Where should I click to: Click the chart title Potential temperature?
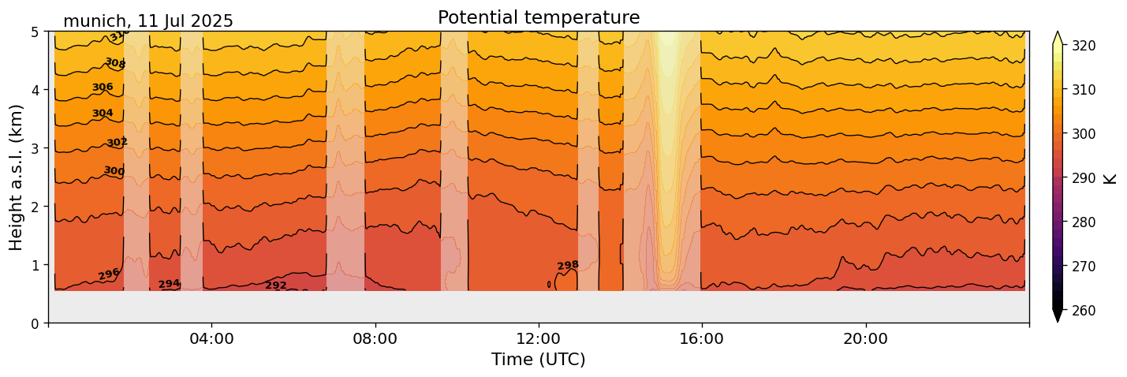coord(539,17)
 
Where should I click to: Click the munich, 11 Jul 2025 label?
coord(148,21)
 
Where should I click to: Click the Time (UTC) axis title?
coord(539,360)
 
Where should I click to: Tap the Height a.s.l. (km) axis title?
coord(17,177)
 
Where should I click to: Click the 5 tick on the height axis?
coord(35,32)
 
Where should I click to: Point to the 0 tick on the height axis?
coord(35,323)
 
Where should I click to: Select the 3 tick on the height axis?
coord(35,148)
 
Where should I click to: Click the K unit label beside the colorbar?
coord(1111,178)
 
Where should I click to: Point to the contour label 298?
coord(568,266)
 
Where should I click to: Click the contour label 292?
coord(276,286)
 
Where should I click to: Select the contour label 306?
coord(103,88)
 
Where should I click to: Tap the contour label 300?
coord(114,171)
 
